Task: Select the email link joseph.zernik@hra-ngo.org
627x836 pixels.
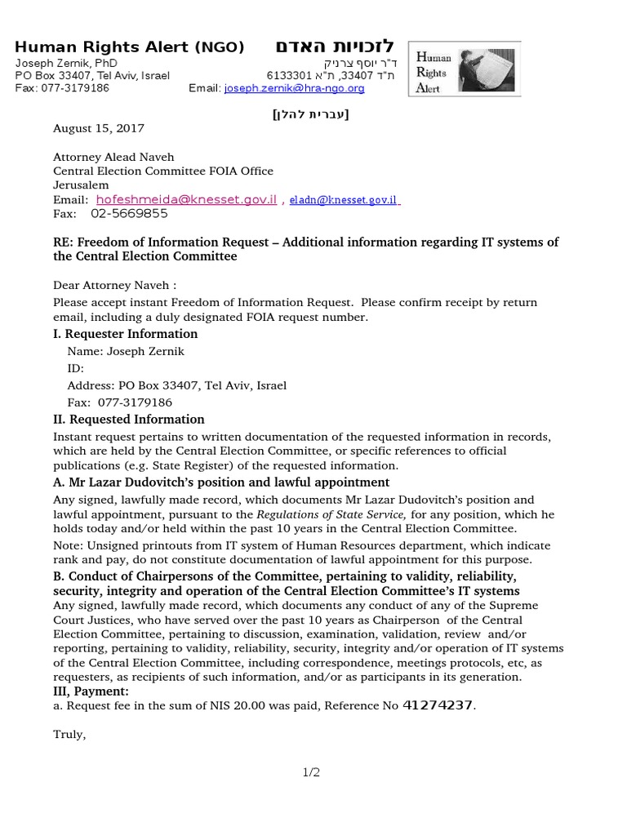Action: tap(294, 88)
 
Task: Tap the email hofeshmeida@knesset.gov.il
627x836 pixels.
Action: tap(186, 199)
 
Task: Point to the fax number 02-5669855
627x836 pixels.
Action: tap(129, 214)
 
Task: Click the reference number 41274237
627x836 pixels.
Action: tap(438, 705)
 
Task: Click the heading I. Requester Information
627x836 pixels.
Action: tap(125, 334)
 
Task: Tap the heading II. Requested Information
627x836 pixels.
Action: tap(128, 420)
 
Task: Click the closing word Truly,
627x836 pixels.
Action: tap(69, 735)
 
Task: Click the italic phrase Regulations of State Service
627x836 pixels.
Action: tap(331, 514)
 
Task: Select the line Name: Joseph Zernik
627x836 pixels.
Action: tap(122, 351)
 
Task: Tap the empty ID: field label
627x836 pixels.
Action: tap(76, 368)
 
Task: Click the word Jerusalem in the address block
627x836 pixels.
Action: tap(81, 185)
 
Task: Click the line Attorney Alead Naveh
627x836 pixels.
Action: tap(113, 158)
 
